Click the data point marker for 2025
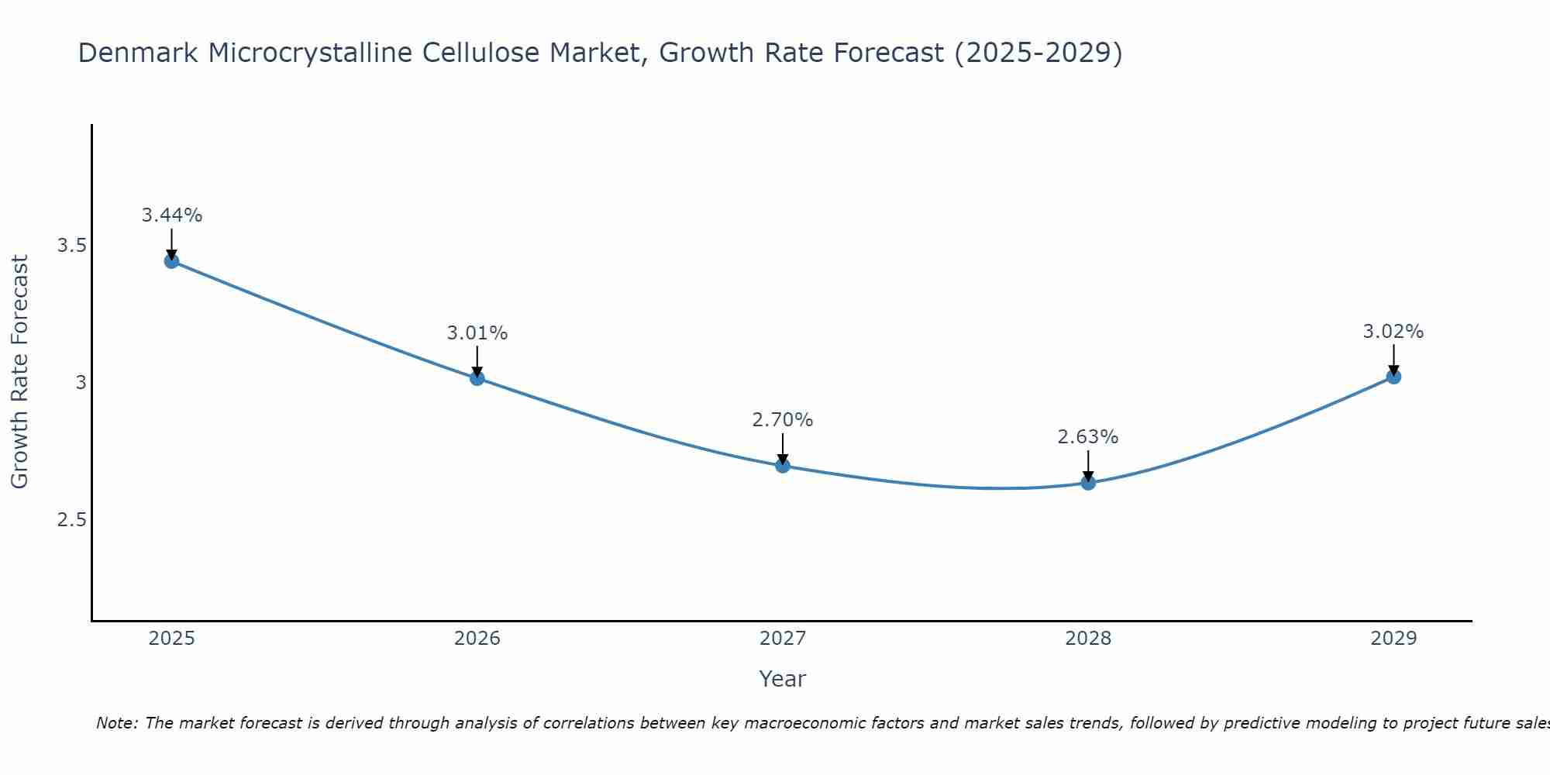pyautogui.click(x=171, y=261)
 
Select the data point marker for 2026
pyautogui.click(x=477, y=378)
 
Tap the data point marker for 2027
pyautogui.click(x=782, y=466)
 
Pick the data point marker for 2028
pyautogui.click(x=1088, y=483)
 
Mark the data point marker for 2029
pyautogui.click(x=1393, y=377)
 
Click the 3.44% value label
pyautogui.click(x=171, y=215)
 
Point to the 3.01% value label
pyautogui.click(x=477, y=333)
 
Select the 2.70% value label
pyautogui.click(x=782, y=420)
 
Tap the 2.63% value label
pyautogui.click(x=1088, y=437)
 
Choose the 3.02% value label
pyautogui.click(x=1393, y=332)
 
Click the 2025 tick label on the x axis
pyautogui.click(x=171, y=639)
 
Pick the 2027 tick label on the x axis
pyautogui.click(x=782, y=639)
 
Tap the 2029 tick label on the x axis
pyautogui.click(x=1393, y=639)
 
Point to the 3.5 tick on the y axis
pyautogui.click(x=71, y=246)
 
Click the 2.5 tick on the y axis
pyautogui.click(x=71, y=519)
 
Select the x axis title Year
pyautogui.click(x=782, y=679)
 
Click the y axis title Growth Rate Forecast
pyautogui.click(x=19, y=372)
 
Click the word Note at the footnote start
pyautogui.click(x=116, y=723)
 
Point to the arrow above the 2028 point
pyautogui.click(x=1088, y=465)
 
